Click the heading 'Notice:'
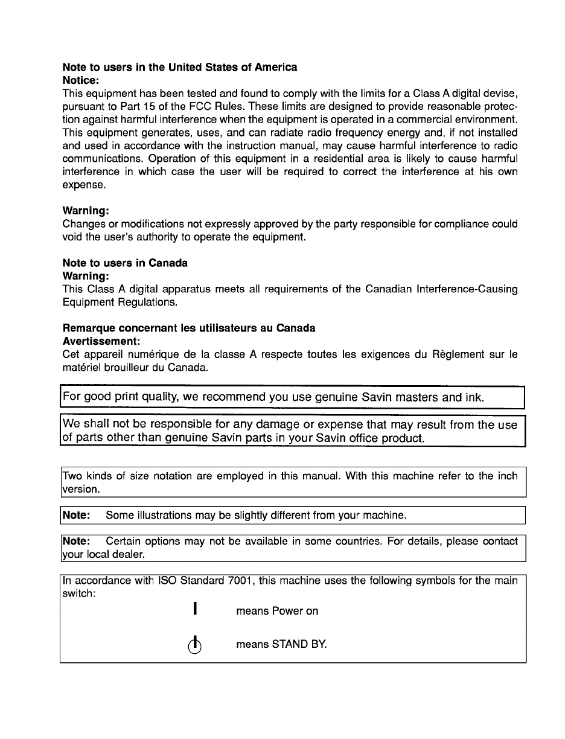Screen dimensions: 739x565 pos(81,80)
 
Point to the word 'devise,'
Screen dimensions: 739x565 pos(499,94)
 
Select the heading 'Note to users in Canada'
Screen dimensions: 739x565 pos(125,263)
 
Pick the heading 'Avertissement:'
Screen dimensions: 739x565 pos(101,341)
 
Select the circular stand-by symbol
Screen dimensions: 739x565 pos(194,645)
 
